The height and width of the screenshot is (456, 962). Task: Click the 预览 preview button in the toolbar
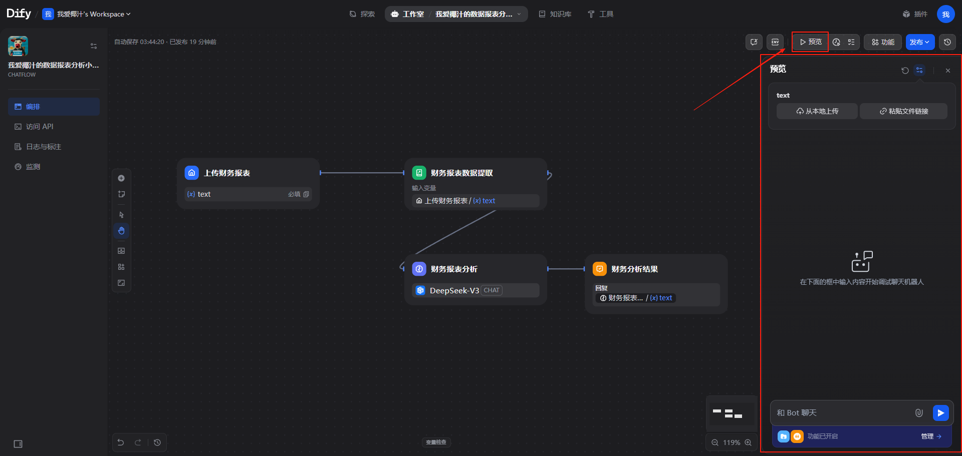810,42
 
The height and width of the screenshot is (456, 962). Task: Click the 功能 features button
883,42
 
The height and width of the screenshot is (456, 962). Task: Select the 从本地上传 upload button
817,111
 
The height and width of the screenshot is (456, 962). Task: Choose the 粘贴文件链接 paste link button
903,111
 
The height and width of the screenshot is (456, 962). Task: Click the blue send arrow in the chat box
940,413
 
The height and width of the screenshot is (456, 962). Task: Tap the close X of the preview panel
947,71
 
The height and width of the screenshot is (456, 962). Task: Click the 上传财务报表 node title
227,173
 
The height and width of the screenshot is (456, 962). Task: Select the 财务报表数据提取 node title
461,173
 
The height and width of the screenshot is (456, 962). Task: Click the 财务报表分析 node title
454,269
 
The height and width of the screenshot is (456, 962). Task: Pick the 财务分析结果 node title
634,269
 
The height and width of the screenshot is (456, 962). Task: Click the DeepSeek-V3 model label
454,291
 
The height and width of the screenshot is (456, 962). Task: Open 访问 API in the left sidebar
40,127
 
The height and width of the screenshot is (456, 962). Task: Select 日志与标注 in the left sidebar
44,147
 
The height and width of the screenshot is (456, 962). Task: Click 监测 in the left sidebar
33,167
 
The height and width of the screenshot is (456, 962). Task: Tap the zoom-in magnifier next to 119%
748,442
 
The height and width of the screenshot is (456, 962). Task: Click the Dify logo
19,14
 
